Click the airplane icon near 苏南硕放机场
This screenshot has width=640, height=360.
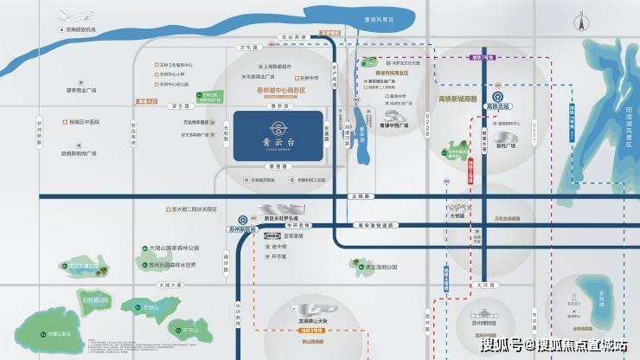pos(67,16)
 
